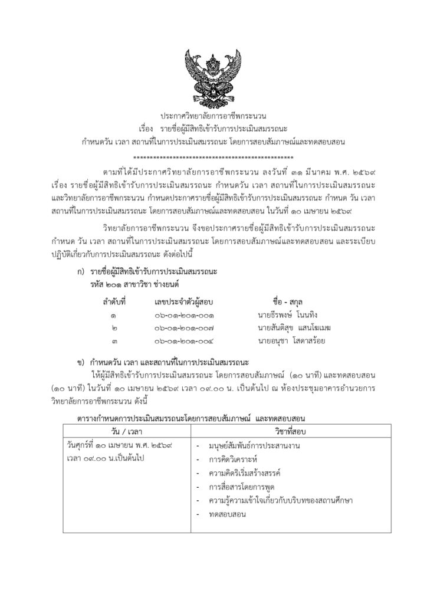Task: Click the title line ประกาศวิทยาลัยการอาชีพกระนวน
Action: [x=213, y=116]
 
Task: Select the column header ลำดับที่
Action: [x=115, y=302]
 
